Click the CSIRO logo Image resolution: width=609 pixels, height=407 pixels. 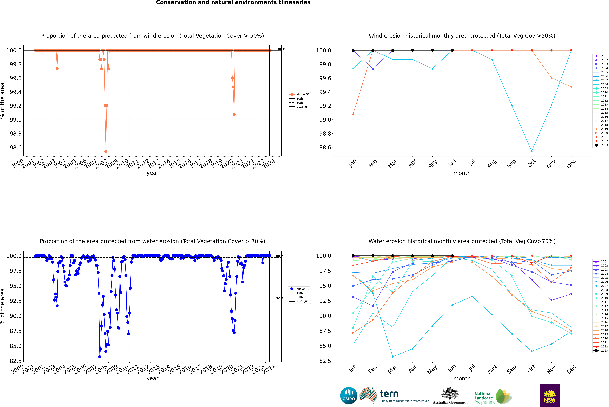pyautogui.click(x=349, y=396)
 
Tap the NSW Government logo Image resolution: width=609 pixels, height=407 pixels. pyautogui.click(x=550, y=396)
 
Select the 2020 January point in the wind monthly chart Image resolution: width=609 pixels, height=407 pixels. pyautogui.click(x=353, y=114)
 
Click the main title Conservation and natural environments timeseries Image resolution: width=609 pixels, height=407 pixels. pyautogui.click(x=233, y=3)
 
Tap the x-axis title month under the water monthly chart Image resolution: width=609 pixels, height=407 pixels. pyautogui.click(x=462, y=378)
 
